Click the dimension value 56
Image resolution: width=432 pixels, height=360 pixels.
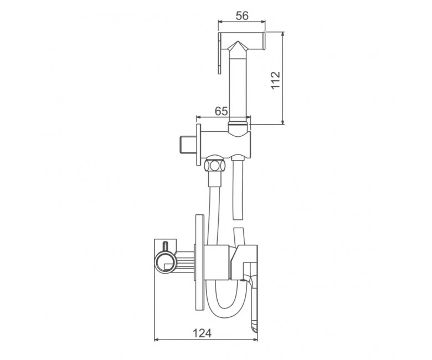pyautogui.click(x=242, y=16)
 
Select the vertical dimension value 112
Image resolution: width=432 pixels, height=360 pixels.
pyautogui.click(x=275, y=80)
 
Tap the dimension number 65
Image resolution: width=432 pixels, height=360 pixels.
pyautogui.click(x=221, y=111)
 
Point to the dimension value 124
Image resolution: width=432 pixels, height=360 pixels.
pyautogui.click(x=202, y=333)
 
